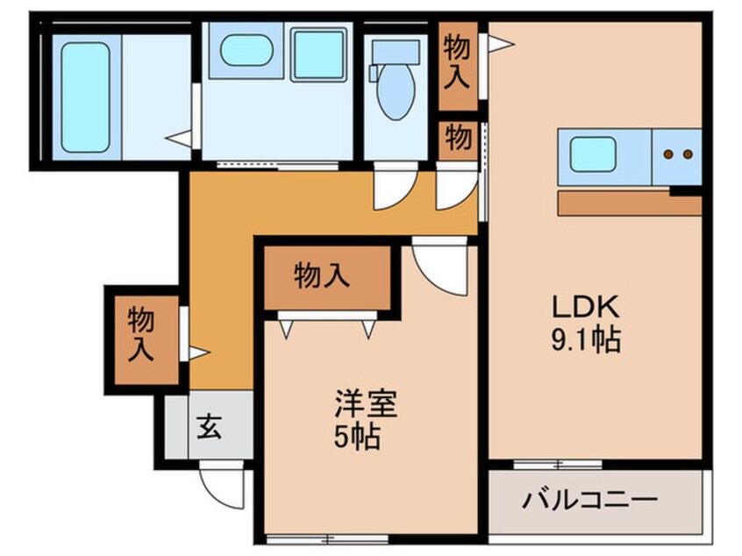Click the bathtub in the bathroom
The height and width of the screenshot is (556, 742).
pos(86,97)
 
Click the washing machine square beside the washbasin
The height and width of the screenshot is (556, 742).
pos(317,54)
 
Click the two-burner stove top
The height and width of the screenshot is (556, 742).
pos(677,154)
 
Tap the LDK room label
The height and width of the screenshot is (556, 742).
pos(585,307)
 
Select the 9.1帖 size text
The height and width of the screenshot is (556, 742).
pos(586,339)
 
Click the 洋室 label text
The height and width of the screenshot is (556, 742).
pos(366,404)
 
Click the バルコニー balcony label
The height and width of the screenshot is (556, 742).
pos(590,502)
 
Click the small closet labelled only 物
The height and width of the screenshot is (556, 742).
pos(457,138)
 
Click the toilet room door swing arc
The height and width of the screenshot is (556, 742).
pos(391,191)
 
